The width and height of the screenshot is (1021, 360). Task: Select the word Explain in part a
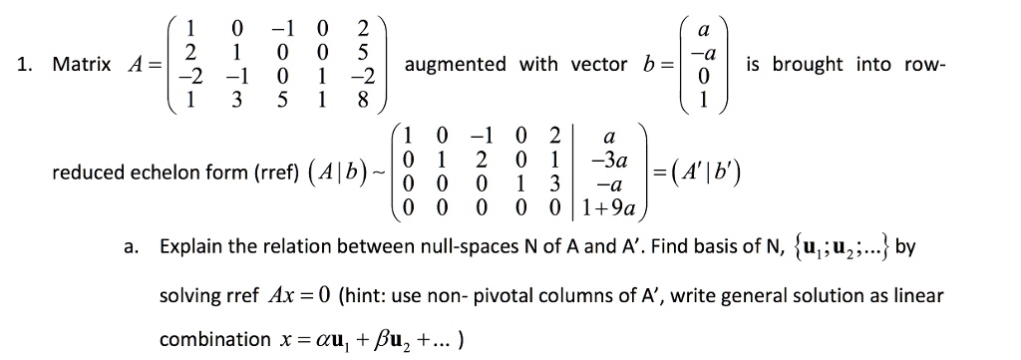pos(191,246)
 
